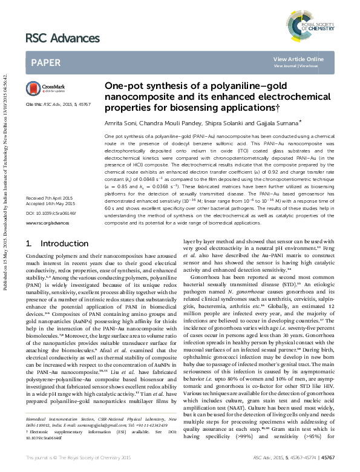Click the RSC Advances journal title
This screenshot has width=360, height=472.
coord(62,39)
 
